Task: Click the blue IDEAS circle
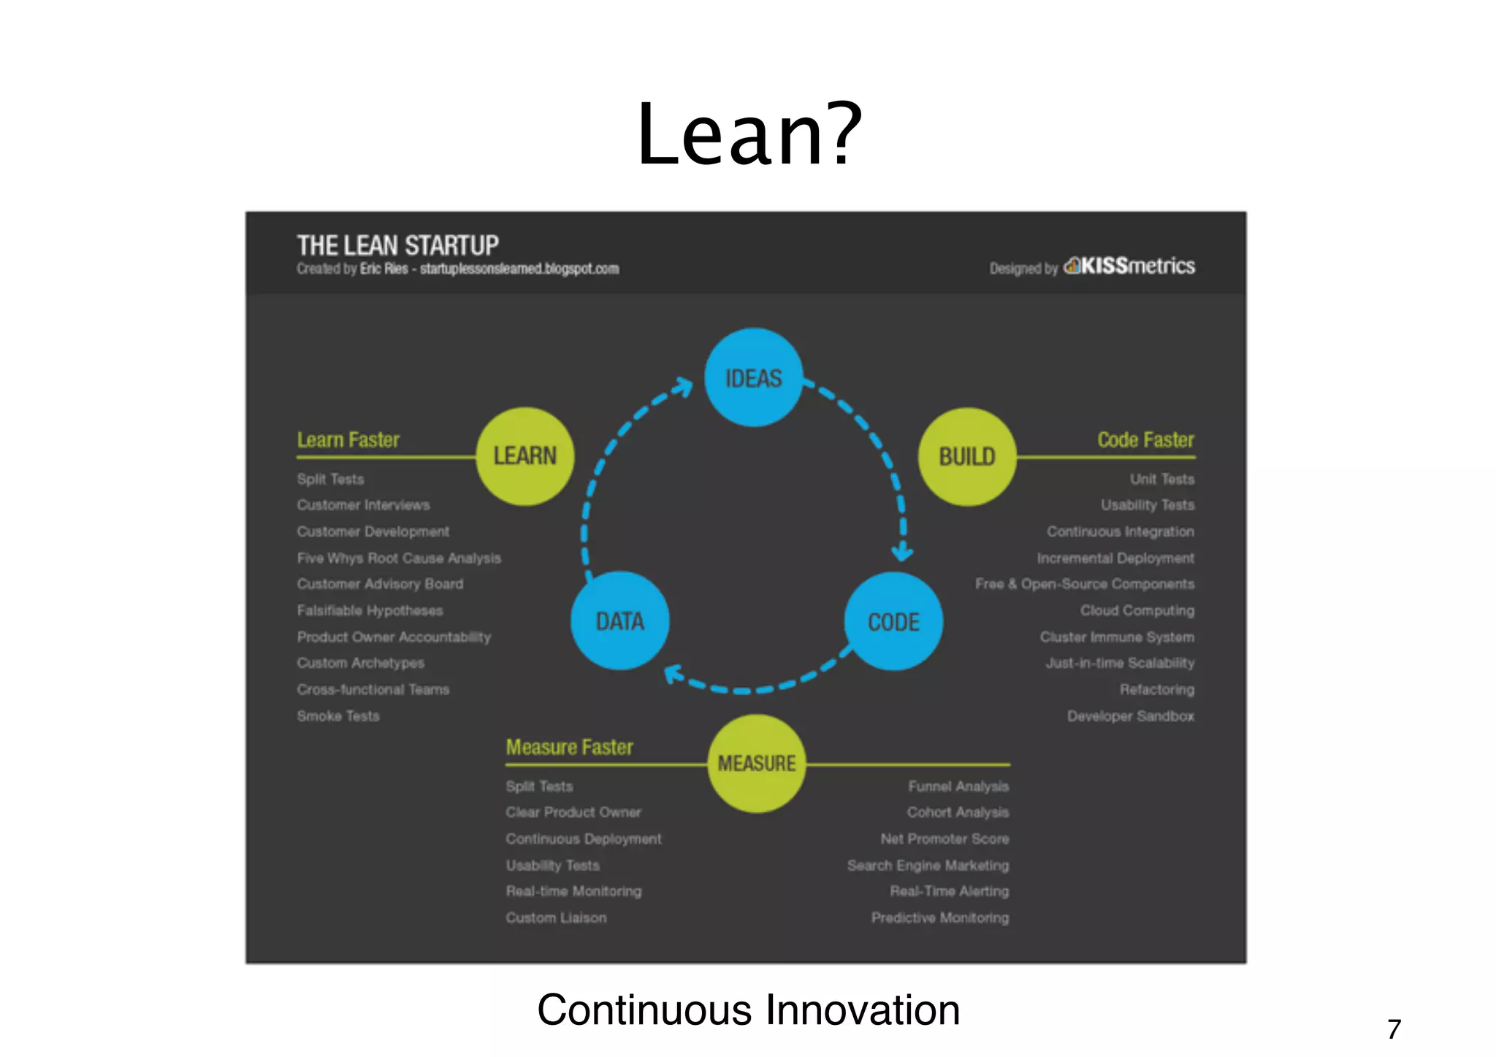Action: [753, 377]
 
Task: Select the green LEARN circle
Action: [524, 456]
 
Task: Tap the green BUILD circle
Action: [966, 456]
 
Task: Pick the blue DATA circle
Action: [619, 621]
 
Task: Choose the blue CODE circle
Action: [893, 621]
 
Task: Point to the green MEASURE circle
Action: [756, 764]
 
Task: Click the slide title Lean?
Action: [749, 135]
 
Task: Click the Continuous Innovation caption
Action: [748, 1010]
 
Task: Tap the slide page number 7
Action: [1394, 1029]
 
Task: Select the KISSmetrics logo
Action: [1129, 266]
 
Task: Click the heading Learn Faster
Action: [348, 440]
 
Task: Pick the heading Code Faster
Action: [1145, 440]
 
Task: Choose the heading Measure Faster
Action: [569, 747]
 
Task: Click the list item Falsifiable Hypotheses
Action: [370, 610]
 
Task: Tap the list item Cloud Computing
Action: [1137, 610]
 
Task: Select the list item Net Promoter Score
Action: [944, 839]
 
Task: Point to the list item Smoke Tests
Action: [338, 716]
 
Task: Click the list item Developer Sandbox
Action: [1131, 716]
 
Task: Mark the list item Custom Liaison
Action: [556, 918]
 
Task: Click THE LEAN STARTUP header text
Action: [397, 245]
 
